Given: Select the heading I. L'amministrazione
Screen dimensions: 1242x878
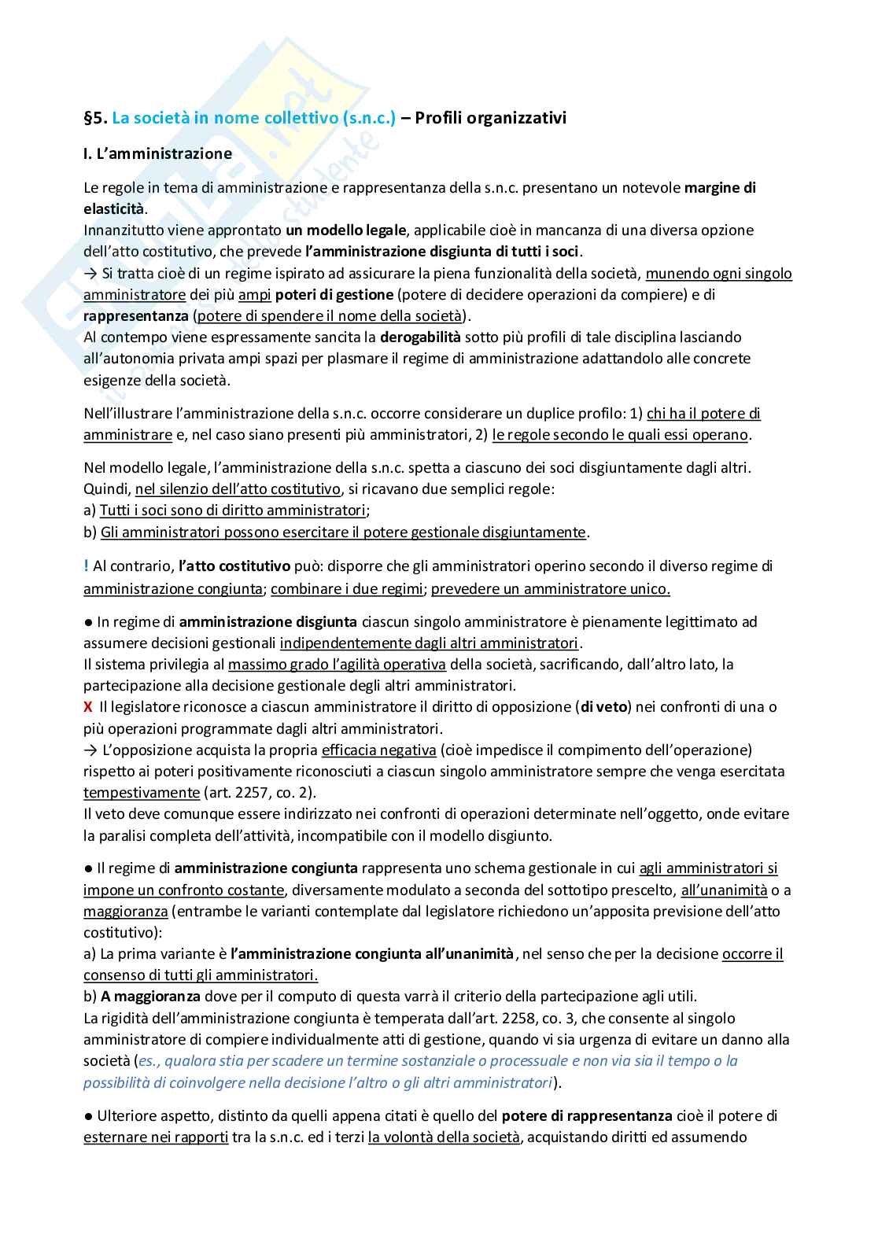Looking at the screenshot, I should pyautogui.click(x=157, y=154).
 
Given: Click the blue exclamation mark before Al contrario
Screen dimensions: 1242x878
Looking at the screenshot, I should pyautogui.click(x=86, y=566).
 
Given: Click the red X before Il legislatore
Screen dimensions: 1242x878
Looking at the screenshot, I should pyautogui.click(x=88, y=707).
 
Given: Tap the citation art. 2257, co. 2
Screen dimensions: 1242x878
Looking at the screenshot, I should pyautogui.click(x=259, y=793).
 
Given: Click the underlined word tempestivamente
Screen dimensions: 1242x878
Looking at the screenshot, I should pyautogui.click(x=142, y=793).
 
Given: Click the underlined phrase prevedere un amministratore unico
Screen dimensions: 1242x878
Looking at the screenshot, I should pyautogui.click(x=550, y=588).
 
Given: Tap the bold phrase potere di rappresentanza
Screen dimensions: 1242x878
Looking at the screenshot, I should pyautogui.click(x=586, y=1116).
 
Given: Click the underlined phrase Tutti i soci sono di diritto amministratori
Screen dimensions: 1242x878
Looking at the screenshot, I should pyautogui.click(x=233, y=510).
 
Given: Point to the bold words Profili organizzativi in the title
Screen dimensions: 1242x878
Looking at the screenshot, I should pyautogui.click(x=490, y=119).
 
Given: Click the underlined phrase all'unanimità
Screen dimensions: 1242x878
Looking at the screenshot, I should pyautogui.click(x=724, y=890).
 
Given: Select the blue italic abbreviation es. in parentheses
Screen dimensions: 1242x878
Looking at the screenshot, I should pyautogui.click(x=146, y=1061).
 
